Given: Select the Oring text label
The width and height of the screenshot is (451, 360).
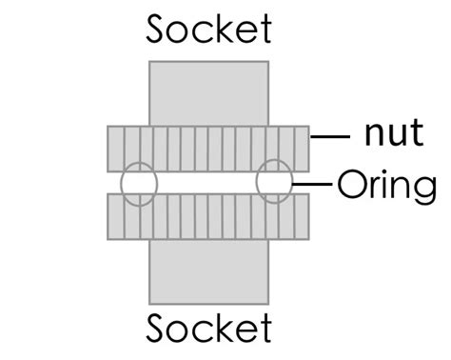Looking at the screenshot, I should coord(385,185).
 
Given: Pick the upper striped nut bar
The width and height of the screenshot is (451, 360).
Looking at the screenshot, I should coord(208,148).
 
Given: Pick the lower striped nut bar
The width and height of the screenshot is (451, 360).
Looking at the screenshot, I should coord(208,218).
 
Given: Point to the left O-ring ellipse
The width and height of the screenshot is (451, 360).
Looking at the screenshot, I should coord(138,183).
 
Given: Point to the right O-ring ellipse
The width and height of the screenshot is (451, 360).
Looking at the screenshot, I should coord(275,181).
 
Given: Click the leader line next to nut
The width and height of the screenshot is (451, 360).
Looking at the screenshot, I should coord(331,138).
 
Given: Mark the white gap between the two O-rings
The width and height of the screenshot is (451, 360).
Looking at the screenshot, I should coord(206,182).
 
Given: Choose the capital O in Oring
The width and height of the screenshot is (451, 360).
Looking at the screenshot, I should coord(351,183).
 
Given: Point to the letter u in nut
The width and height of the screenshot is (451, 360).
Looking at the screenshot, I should coord(392,135).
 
